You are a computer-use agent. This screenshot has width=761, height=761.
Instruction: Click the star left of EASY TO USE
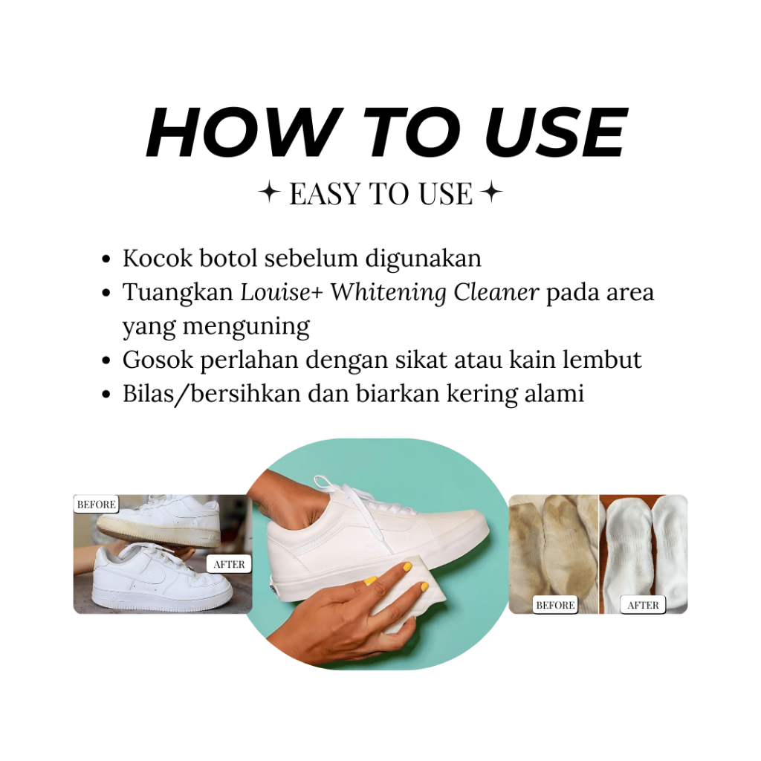click(269, 192)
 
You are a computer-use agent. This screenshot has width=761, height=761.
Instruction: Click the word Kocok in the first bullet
click(158, 258)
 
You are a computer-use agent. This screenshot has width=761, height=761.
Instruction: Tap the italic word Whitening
click(388, 293)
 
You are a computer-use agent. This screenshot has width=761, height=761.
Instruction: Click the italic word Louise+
click(282, 292)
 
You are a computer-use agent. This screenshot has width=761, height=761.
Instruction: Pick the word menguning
click(246, 327)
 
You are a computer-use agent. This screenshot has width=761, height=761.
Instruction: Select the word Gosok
click(158, 360)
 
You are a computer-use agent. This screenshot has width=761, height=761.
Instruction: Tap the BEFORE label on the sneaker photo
click(96, 505)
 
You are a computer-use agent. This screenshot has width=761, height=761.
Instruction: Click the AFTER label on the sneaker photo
click(229, 564)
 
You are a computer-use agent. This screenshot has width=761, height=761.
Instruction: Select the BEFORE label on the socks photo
click(555, 605)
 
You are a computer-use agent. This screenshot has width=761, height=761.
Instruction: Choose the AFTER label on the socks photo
click(643, 605)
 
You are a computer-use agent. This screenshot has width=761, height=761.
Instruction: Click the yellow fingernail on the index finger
click(407, 566)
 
